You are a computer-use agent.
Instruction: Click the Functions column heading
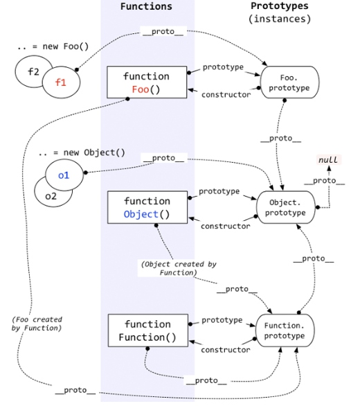click(x=146, y=6)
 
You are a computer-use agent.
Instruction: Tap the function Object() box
click(x=146, y=207)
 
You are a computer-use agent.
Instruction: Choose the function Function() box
click(x=146, y=330)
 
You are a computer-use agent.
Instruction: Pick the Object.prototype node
click(x=286, y=207)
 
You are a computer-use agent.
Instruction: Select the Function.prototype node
click(x=286, y=330)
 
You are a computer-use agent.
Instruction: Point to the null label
click(x=327, y=160)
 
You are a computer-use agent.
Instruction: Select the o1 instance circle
click(x=63, y=175)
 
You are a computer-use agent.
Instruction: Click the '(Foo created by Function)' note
click(x=37, y=324)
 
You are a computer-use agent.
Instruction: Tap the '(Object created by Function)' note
click(x=169, y=268)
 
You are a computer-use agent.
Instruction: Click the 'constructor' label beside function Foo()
click(x=226, y=95)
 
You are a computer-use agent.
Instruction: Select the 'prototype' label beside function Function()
click(x=222, y=320)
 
